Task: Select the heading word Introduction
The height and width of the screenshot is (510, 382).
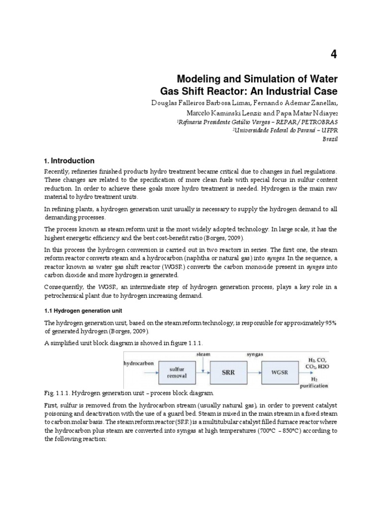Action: pos(72,161)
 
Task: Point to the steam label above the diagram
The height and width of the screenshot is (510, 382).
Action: pos(204,354)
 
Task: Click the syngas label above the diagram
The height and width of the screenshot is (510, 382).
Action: pos(256,354)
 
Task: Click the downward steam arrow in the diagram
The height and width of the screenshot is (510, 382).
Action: pos(204,364)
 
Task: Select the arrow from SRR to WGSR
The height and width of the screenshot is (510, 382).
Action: pos(256,373)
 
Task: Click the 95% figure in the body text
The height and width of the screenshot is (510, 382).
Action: pos(330,323)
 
